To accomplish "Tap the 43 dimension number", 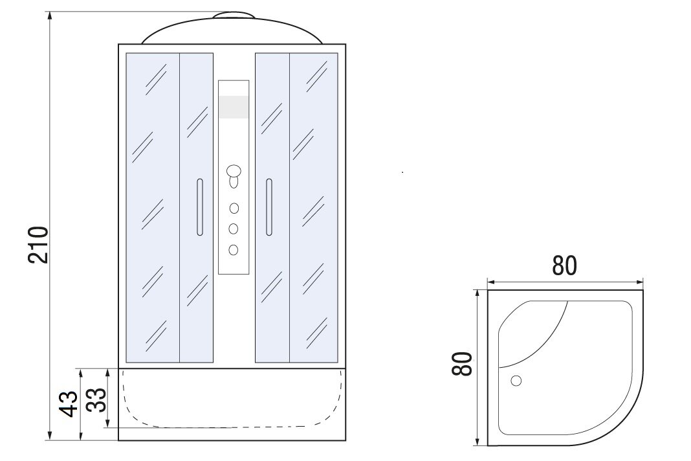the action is coord(69,403).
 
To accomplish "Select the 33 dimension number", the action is coord(96,399).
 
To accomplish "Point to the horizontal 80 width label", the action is coord(564,265).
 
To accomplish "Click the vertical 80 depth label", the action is coord(462,363).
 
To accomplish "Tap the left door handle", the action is coord(200,207).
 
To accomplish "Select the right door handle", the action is coord(269,207).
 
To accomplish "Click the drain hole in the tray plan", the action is coord(516,380).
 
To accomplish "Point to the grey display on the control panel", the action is coord(234,107).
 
